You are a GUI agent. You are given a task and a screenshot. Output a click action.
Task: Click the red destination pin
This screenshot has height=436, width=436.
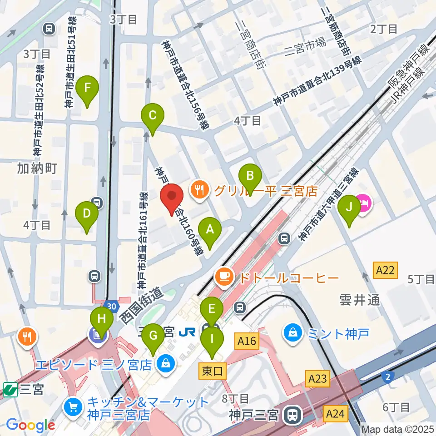point(172,199)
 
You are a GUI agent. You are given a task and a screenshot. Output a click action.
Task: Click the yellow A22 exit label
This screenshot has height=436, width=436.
point(385,270)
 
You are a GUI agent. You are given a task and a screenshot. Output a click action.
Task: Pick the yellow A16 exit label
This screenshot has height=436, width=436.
point(246,341)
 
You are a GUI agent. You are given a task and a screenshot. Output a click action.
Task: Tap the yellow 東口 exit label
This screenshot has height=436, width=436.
point(212,371)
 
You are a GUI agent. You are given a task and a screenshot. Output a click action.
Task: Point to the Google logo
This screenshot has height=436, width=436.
point(30,425)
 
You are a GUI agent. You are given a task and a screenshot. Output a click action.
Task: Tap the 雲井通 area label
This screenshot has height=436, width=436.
point(359,300)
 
